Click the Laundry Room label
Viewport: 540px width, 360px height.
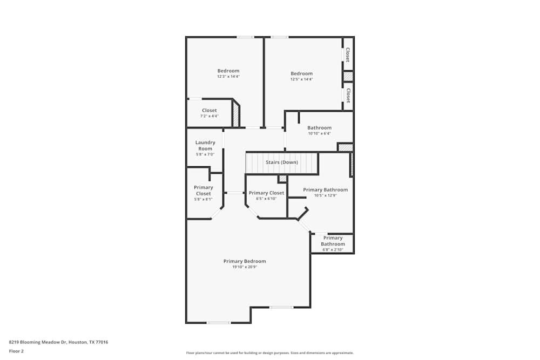(x=205, y=145)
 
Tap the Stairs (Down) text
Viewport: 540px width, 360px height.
(x=281, y=162)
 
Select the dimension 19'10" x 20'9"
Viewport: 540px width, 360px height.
(x=245, y=267)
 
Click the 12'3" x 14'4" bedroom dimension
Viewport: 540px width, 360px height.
(x=228, y=77)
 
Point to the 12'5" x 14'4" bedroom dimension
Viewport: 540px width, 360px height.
(x=301, y=79)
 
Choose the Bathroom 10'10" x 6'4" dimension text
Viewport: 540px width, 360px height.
(x=319, y=133)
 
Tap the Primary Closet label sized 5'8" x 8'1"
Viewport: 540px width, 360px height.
(x=204, y=190)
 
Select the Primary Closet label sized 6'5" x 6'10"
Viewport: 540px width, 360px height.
(x=266, y=193)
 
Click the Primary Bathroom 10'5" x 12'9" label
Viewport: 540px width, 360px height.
(x=325, y=189)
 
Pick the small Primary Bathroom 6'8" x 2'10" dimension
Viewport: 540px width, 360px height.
(x=333, y=250)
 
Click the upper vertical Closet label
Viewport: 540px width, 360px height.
(x=348, y=55)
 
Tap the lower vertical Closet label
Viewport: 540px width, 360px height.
(x=348, y=95)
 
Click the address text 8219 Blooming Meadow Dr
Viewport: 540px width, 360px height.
(x=58, y=342)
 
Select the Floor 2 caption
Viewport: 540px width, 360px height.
(x=16, y=351)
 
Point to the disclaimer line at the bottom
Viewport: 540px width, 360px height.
(x=269, y=353)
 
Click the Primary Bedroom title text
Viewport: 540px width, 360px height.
(x=245, y=261)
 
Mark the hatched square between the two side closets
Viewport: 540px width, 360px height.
(x=348, y=76)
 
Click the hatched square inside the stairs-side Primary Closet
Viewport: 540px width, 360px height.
(x=282, y=179)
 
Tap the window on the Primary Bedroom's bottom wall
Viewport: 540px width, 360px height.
(x=218, y=323)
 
